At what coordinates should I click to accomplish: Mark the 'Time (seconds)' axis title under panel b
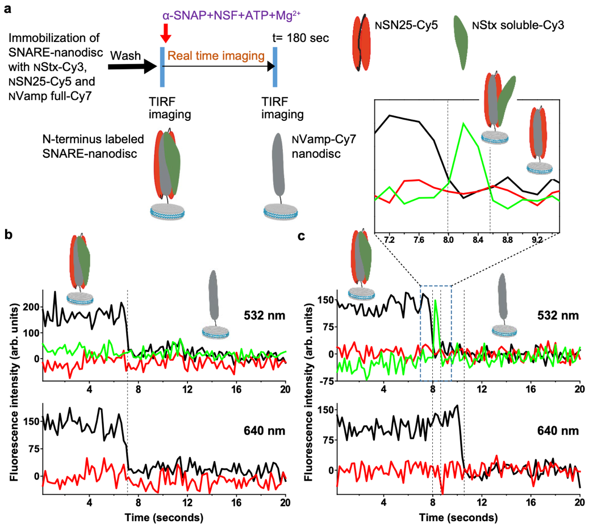point(164,518)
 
